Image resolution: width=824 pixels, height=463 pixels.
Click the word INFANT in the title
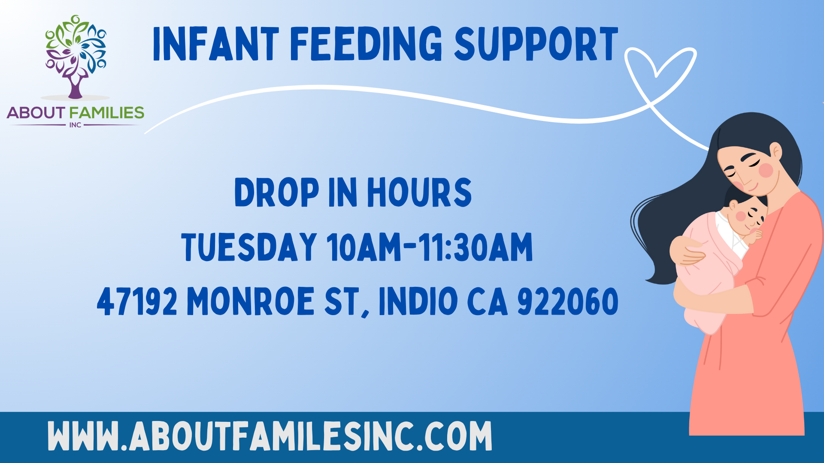(x=216, y=44)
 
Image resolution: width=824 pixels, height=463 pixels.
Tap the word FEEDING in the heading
(x=366, y=44)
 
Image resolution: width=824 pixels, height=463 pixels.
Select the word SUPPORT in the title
(x=536, y=44)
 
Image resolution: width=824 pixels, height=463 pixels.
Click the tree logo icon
(x=76, y=57)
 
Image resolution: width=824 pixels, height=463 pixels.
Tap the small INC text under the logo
(x=75, y=125)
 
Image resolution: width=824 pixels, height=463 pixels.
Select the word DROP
(x=277, y=192)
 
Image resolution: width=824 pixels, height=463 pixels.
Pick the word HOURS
(x=419, y=192)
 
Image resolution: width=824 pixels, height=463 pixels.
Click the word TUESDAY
(x=249, y=247)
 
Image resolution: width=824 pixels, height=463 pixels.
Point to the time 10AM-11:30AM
(x=430, y=247)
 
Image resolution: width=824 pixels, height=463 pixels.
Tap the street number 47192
(x=137, y=301)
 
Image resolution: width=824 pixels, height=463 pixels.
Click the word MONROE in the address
(x=251, y=301)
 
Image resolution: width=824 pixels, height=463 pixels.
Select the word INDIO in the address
(x=418, y=301)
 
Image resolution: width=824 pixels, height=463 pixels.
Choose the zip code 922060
(x=568, y=301)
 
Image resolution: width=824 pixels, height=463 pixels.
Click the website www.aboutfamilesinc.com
(x=270, y=436)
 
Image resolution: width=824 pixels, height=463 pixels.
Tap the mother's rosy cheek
(x=766, y=170)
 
